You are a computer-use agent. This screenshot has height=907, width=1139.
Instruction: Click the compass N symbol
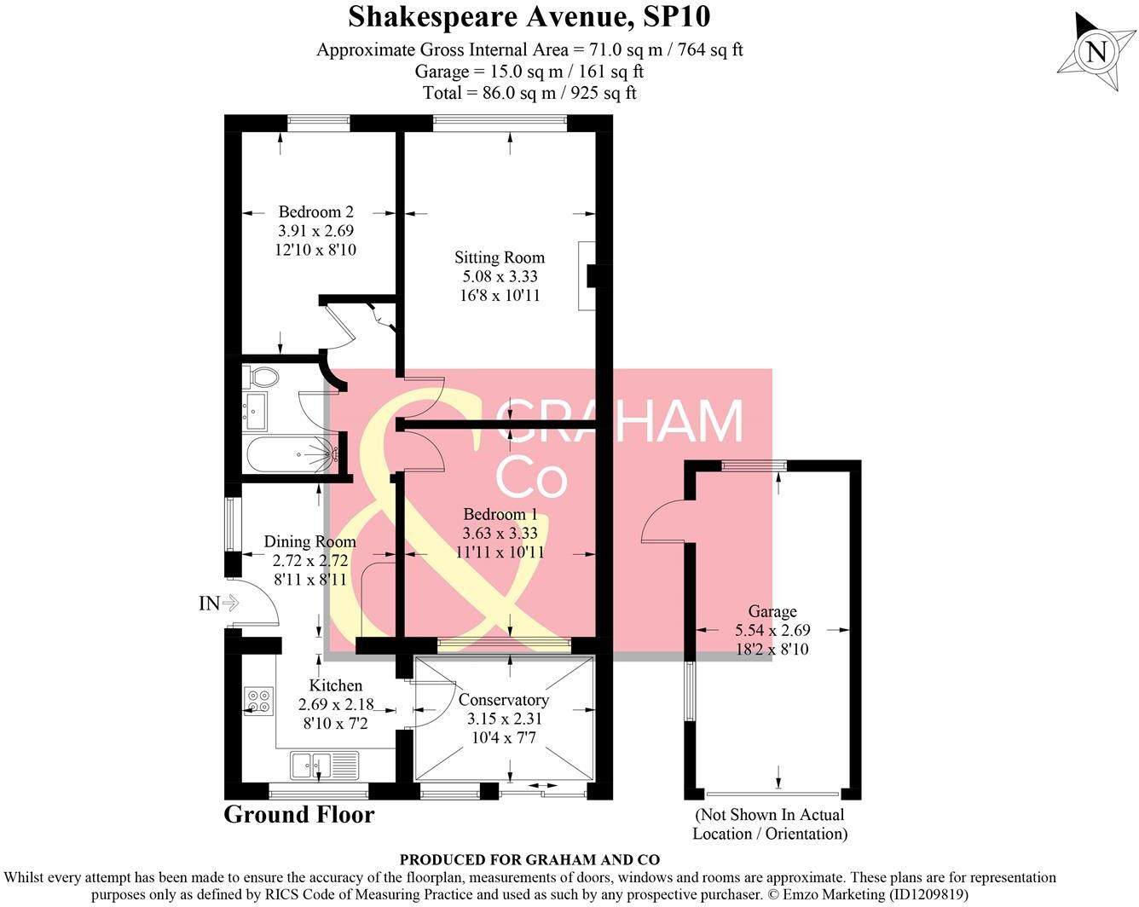pyautogui.click(x=1096, y=53)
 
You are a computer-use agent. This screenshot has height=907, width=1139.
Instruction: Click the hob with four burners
pyautogui.click(x=259, y=702)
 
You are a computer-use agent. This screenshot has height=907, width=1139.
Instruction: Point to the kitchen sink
pyautogui.click(x=325, y=765)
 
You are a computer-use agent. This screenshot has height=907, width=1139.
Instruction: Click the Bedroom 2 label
pyautogui.click(x=316, y=211)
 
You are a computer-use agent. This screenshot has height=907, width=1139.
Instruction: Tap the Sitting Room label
pyautogui.click(x=500, y=257)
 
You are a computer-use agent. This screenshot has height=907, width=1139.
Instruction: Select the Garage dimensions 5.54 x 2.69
pyautogui.click(x=772, y=630)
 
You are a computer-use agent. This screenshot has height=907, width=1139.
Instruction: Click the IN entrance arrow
pyautogui.click(x=218, y=603)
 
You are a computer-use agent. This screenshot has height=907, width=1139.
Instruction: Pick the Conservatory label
pyautogui.click(x=503, y=700)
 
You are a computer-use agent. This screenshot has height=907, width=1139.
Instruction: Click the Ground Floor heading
pyautogui.click(x=299, y=814)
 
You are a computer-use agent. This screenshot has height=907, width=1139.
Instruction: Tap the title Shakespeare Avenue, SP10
pyautogui.click(x=529, y=17)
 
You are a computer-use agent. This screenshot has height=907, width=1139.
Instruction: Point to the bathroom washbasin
pyautogui.click(x=255, y=411)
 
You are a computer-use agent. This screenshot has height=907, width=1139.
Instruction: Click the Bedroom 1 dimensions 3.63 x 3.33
pyautogui.click(x=500, y=533)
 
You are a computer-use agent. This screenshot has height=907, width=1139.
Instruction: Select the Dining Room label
pyautogui.click(x=309, y=541)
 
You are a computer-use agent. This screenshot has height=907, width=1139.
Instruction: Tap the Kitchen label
pyautogui.click(x=336, y=685)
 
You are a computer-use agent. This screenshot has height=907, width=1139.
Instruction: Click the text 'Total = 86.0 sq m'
pyautogui.click(x=489, y=93)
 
